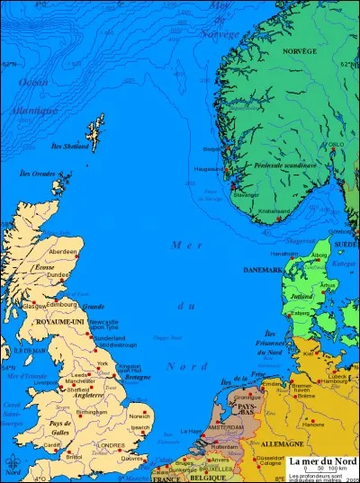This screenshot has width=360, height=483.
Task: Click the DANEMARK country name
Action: tap(263, 270)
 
